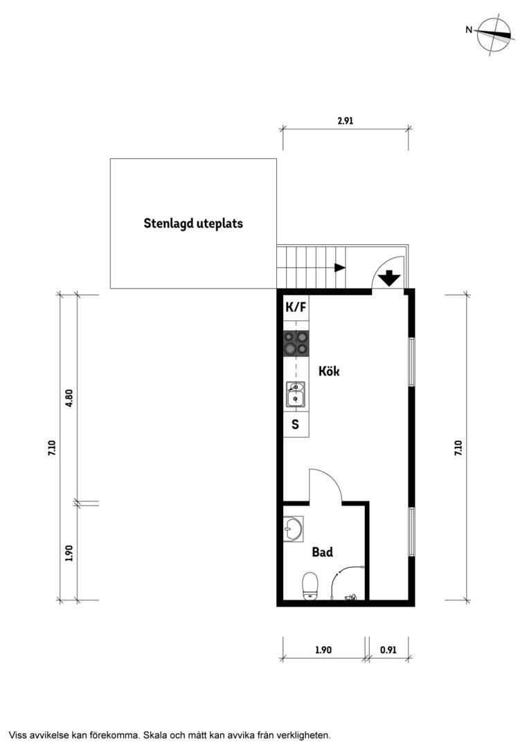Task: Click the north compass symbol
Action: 496,35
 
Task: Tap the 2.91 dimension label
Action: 345,121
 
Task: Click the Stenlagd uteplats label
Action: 193,223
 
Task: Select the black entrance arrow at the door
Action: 390,278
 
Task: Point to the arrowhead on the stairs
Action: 340,267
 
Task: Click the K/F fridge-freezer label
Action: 295,307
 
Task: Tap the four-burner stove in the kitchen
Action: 296,344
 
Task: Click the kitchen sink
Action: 295,394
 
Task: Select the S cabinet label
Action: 295,424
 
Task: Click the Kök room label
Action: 329,371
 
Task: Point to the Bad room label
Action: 323,552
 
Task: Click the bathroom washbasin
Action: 292,529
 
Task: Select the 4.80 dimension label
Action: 69,398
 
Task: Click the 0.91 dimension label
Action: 388,649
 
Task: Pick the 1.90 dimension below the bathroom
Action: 323,649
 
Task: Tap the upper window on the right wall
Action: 412,362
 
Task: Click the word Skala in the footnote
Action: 156,735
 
